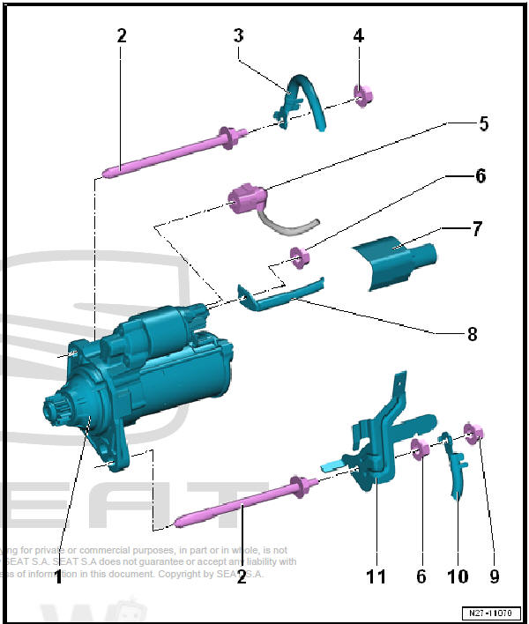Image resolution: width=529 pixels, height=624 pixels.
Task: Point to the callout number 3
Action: tap(238, 36)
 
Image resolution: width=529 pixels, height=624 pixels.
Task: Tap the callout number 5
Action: tap(483, 124)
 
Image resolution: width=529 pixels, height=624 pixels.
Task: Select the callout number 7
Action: tap(477, 230)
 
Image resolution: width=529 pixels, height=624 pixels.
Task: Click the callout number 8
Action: tap(472, 334)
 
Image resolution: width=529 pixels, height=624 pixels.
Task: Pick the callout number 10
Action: tap(458, 576)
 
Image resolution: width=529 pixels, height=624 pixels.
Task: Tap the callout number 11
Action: tap(376, 576)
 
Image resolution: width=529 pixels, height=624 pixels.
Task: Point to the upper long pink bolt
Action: tap(172, 152)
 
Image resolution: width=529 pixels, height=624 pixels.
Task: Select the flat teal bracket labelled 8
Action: tap(278, 293)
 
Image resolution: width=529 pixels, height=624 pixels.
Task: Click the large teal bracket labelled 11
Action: tap(379, 441)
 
